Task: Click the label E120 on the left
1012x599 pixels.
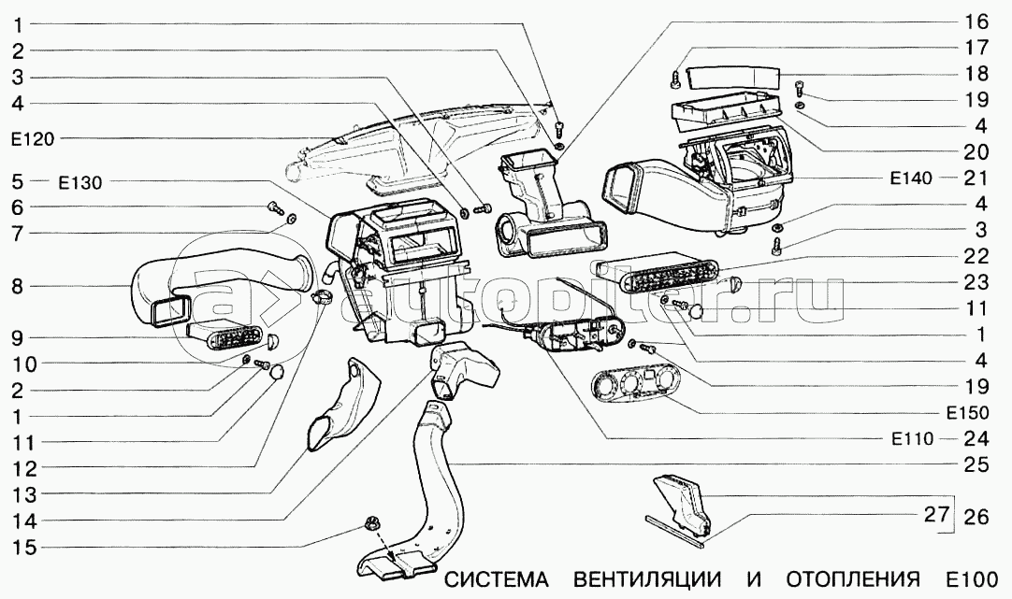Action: coord(33,139)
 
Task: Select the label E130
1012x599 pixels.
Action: coord(80,183)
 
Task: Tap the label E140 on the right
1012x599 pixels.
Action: coord(911,178)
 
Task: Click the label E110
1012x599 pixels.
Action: coord(912,439)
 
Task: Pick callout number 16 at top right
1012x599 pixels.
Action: coord(976,21)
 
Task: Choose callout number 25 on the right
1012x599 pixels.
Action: coord(976,464)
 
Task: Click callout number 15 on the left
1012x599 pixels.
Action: coord(25,548)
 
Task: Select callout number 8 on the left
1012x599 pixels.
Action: coord(18,286)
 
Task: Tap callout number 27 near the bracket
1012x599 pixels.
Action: coord(936,514)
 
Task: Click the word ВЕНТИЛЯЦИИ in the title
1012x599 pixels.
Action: coord(647,579)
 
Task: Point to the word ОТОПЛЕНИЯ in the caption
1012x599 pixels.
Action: coord(853,579)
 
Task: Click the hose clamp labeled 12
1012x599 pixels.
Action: coord(320,297)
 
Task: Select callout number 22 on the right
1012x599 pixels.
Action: coord(976,256)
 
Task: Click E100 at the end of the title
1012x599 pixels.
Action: coord(973,579)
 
